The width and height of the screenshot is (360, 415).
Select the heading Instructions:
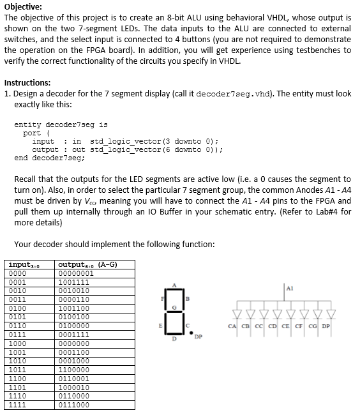coord(28,82)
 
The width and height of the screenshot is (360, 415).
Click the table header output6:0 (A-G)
coord(87,265)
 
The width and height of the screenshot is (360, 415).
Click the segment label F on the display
coord(164,298)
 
